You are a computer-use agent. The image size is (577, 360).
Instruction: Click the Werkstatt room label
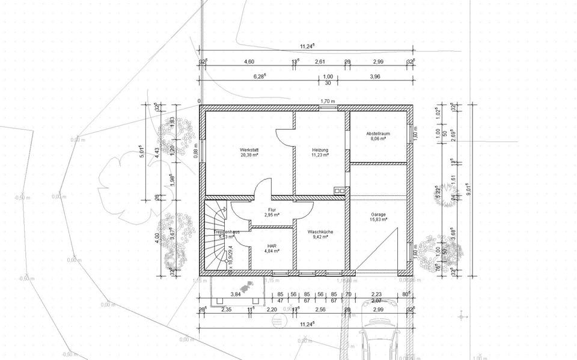click(248, 149)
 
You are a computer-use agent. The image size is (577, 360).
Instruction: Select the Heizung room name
click(319, 149)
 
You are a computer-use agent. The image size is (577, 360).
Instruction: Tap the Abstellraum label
click(378, 133)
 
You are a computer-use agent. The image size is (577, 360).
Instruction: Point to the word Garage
click(378, 215)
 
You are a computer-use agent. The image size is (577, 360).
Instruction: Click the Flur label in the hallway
click(272, 209)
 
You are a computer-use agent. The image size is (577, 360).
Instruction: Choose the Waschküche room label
click(320, 231)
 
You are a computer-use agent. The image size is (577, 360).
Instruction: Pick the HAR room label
click(272, 245)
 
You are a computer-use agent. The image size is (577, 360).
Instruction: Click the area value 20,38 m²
click(248, 154)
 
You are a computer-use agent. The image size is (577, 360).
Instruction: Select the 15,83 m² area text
click(378, 220)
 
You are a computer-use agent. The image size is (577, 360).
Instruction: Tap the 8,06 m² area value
click(378, 138)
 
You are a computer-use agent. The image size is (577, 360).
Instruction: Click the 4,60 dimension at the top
click(248, 62)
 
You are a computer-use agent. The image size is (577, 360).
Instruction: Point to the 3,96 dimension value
click(375, 76)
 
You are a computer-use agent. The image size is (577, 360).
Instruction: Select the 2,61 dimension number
click(320, 62)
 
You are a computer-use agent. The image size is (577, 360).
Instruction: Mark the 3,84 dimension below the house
click(236, 294)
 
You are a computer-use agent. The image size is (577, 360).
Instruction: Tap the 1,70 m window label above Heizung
click(328, 101)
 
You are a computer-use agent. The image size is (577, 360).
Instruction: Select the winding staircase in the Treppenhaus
click(216, 237)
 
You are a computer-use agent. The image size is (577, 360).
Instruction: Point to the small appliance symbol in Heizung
click(339, 191)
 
